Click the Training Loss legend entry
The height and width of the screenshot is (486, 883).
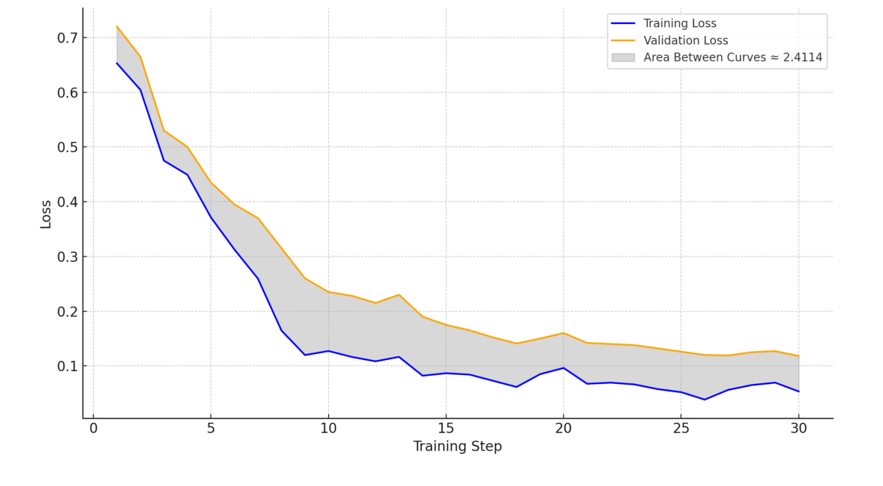679,24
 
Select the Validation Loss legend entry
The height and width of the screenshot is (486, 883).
685,40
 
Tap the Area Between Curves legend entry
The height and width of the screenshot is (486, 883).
732,57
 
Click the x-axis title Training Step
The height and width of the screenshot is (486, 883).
457,447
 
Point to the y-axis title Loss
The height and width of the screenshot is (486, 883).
46,214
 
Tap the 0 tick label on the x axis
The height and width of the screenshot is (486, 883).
93,428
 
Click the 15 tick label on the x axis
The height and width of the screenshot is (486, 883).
446,428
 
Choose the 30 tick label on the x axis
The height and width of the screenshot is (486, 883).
798,428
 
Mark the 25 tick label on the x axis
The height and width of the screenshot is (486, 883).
681,428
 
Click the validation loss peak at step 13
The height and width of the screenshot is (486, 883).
399,295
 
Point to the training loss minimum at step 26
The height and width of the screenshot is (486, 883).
705,399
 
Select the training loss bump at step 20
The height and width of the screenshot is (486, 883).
563,367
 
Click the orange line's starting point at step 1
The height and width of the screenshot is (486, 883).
117,26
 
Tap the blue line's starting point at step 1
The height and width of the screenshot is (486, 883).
117,63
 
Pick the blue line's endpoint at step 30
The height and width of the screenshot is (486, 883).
798,391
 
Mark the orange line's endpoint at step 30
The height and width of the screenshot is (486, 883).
798,356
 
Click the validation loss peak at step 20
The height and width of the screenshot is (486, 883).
563,333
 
